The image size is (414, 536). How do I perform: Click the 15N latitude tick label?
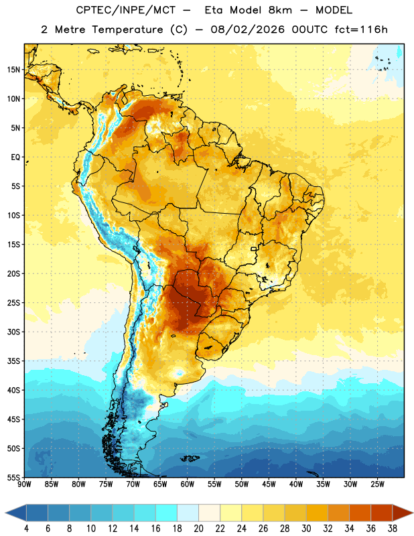tap(13, 70)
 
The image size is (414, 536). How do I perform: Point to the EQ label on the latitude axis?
tap(15, 157)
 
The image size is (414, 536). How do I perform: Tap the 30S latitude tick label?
tap(13, 332)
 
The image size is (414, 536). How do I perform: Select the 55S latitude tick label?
tap(13, 478)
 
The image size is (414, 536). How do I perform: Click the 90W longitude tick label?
tap(24, 484)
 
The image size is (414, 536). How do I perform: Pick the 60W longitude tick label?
tap(188, 484)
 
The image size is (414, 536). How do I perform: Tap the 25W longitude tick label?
tap(377, 484)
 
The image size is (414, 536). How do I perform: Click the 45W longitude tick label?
tap(269, 484)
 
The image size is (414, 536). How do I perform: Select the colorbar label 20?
tap(198, 529)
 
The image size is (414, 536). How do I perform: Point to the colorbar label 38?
tap(393, 529)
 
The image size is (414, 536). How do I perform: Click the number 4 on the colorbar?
tap(26, 529)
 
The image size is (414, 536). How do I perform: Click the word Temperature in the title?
tap(127, 29)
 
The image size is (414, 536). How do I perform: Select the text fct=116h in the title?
tap(361, 29)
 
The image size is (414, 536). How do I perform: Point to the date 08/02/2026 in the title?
tap(247, 29)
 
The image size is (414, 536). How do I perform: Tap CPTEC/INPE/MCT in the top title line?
tap(126, 10)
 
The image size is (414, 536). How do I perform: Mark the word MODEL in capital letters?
tap(334, 10)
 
